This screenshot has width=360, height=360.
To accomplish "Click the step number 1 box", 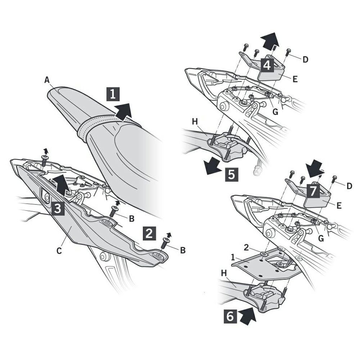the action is tap(113, 94).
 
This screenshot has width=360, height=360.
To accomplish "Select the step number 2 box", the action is tap(149, 234).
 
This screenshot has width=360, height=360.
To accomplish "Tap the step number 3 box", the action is tap(58, 208).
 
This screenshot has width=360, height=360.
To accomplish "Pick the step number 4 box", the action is tap(267, 65).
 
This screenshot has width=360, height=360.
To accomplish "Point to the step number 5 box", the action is tap(231, 175).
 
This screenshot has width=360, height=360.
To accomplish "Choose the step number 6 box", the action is tap(230, 317).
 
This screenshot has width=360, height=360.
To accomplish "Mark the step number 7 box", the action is tap(313, 191).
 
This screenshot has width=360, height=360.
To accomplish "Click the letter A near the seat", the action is tap(47, 80).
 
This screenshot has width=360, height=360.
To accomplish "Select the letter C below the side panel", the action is tap(59, 251).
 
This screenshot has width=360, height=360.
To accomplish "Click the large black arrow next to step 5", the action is tap(213, 165).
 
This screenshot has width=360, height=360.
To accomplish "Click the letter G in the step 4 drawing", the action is tap(275, 112).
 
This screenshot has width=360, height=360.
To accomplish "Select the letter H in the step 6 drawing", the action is tap(224, 273).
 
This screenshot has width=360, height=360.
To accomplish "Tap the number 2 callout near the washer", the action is tap(246, 248).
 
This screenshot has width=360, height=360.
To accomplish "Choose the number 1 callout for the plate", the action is tap(233, 257).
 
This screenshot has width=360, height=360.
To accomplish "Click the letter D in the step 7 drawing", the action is tap(349, 186).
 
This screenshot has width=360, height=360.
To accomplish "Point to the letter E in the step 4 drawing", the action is tap(295, 79).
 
